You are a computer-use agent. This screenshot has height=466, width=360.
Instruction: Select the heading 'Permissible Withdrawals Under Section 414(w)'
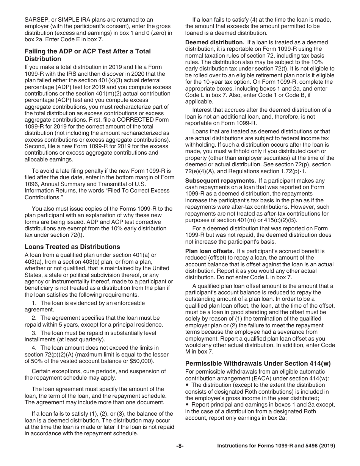[x=258, y=363]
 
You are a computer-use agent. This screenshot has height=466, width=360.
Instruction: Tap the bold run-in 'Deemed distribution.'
[x=214, y=42]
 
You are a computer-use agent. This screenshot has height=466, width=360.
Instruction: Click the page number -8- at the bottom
[x=180, y=446]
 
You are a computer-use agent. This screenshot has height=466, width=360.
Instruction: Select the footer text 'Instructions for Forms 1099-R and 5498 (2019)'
[x=276, y=446]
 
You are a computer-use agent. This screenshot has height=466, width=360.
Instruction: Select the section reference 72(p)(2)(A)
[x=61, y=354]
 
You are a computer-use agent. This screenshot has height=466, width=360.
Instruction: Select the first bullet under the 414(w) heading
[x=187, y=385]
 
